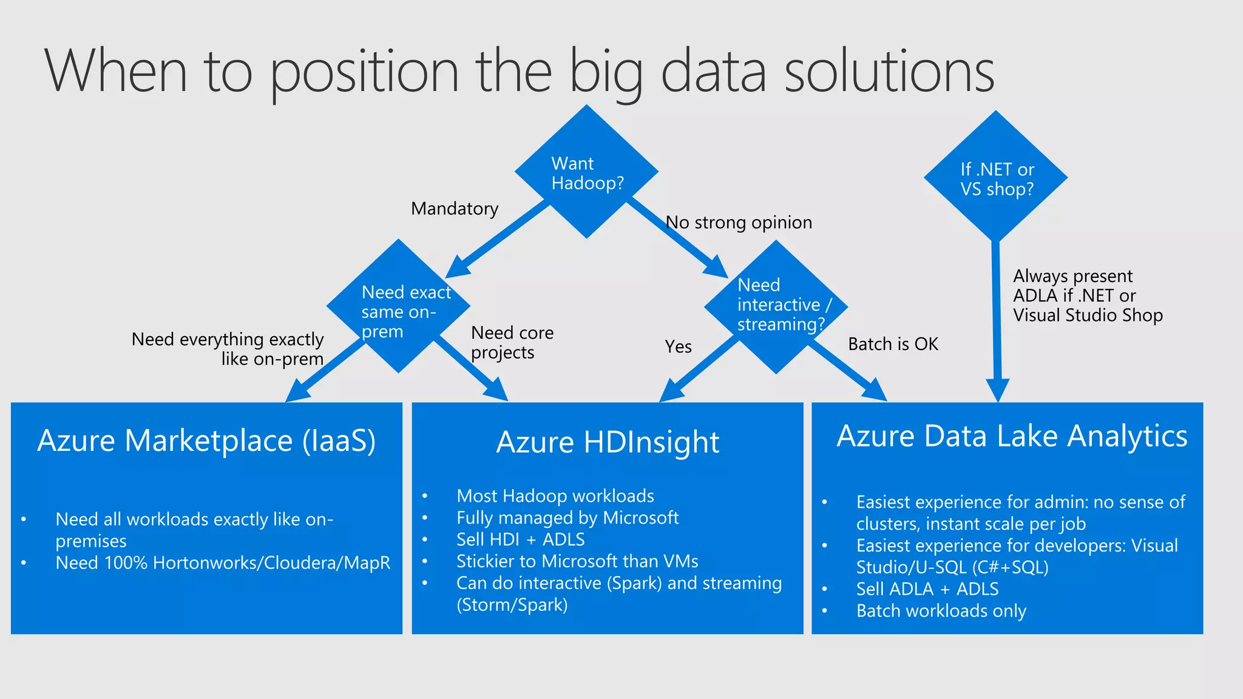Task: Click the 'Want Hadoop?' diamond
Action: point(587,172)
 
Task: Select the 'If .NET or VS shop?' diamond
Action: point(996,178)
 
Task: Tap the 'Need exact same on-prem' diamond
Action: point(399,307)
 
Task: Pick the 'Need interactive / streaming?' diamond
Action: point(776,306)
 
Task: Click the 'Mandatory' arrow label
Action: point(455,209)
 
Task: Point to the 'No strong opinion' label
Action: point(739,223)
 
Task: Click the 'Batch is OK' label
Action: point(893,344)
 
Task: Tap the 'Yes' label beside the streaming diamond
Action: point(678,346)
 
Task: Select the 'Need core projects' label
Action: point(512,342)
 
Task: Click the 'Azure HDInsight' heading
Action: point(608,442)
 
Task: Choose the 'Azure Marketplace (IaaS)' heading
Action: point(206,441)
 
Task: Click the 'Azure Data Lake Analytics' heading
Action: point(1012,436)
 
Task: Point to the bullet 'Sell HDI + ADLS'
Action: point(520,539)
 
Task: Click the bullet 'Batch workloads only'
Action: point(941,611)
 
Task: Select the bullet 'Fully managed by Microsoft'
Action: point(567,518)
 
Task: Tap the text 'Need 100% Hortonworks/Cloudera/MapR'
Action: point(223,563)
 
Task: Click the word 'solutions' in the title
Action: point(889,72)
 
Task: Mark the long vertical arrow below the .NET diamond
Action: point(997,316)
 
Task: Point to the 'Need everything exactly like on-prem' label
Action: point(228,349)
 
